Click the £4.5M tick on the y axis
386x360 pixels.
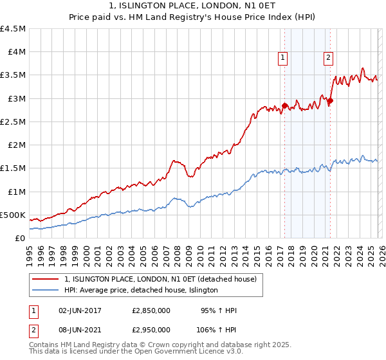tap(14, 29)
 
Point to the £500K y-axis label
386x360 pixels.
tap(13, 215)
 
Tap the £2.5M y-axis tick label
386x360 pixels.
tap(14, 122)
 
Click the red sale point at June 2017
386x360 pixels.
tap(284, 105)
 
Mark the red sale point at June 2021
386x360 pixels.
tap(330, 100)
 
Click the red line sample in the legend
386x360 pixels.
tap(46, 279)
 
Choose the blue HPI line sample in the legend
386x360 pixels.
tap(46, 290)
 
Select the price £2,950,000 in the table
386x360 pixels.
tap(151, 329)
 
